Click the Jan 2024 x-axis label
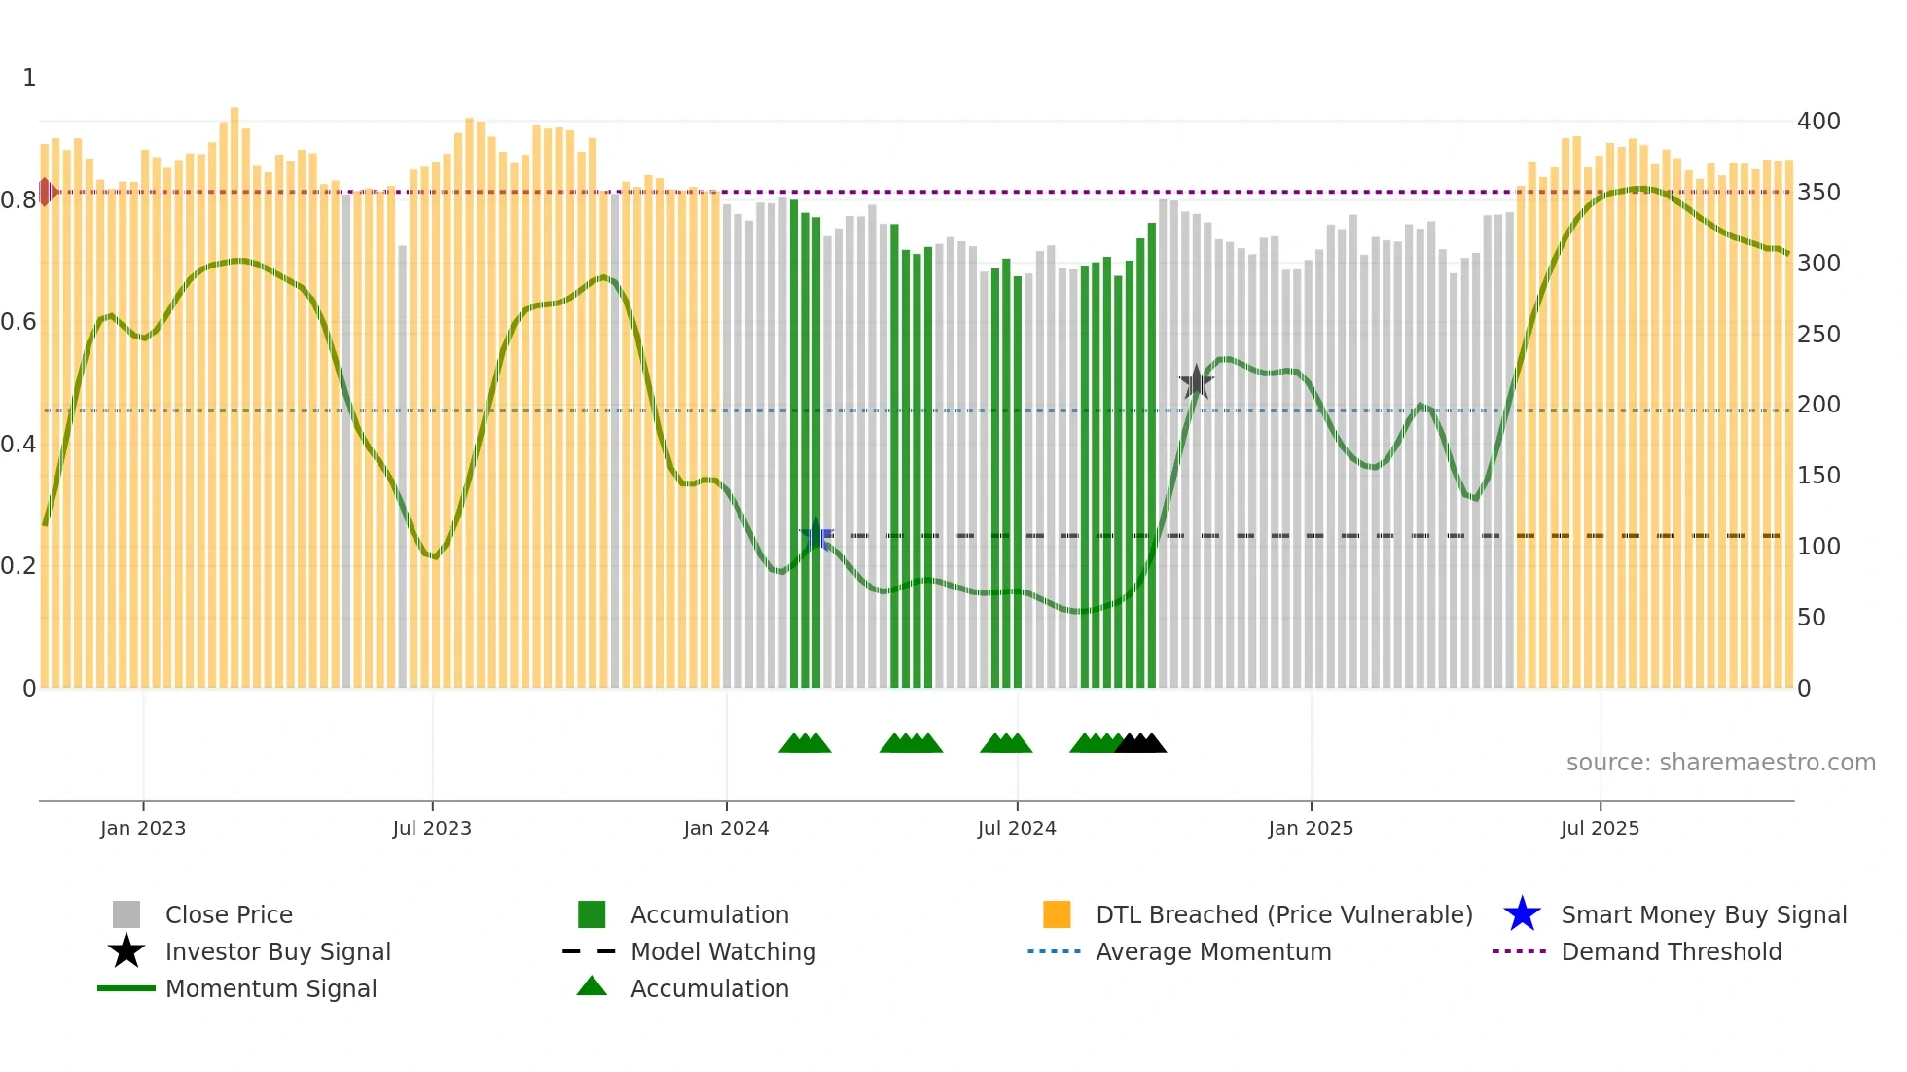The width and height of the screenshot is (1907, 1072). click(726, 828)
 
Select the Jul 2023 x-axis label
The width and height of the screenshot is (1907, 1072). click(432, 828)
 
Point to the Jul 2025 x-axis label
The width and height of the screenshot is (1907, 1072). click(1600, 828)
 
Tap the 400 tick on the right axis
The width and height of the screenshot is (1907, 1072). click(1818, 122)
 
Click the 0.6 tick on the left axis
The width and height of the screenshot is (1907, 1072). click(18, 322)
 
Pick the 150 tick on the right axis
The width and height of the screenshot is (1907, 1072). click(1818, 476)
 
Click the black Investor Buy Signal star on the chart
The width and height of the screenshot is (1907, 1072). click(1196, 382)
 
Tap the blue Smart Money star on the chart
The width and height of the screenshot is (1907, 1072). click(816, 536)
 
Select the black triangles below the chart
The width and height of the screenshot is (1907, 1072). click(1140, 743)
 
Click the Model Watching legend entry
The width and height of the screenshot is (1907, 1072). click(722, 951)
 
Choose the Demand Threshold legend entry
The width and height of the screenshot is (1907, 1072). click(1671, 951)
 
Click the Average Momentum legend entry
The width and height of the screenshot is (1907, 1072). click(1212, 951)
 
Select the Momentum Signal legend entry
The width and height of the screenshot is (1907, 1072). click(270, 988)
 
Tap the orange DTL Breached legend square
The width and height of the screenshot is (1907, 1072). click(1057, 914)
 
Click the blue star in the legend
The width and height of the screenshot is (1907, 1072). click(1522, 914)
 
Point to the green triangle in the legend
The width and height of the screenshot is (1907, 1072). click(592, 986)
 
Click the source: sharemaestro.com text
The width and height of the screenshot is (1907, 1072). click(1720, 762)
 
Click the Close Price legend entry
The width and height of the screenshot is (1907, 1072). click(228, 914)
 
